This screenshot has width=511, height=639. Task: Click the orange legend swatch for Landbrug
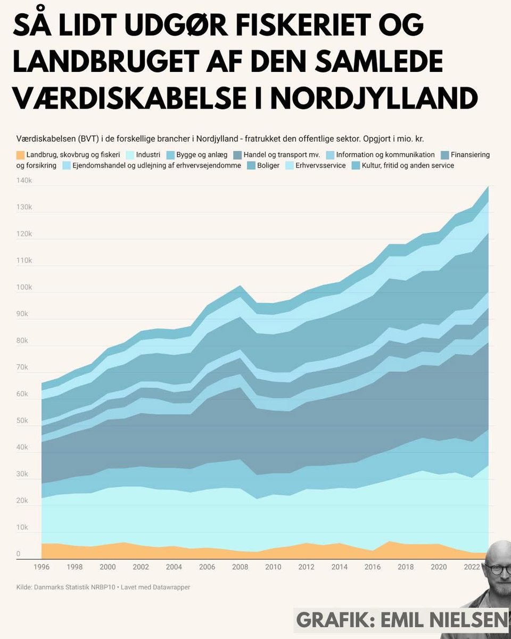click(x=20, y=155)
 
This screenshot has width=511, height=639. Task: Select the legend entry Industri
click(x=143, y=155)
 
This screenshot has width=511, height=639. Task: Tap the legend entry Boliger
click(x=268, y=166)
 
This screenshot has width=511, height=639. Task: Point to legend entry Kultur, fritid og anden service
click(x=408, y=166)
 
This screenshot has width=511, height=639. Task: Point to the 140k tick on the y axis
click(x=24, y=181)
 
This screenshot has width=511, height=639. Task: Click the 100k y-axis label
click(x=24, y=288)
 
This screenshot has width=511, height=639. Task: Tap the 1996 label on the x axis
click(x=42, y=567)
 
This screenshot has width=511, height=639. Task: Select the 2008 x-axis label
click(x=240, y=567)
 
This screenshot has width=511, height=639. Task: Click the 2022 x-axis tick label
click(x=472, y=567)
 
